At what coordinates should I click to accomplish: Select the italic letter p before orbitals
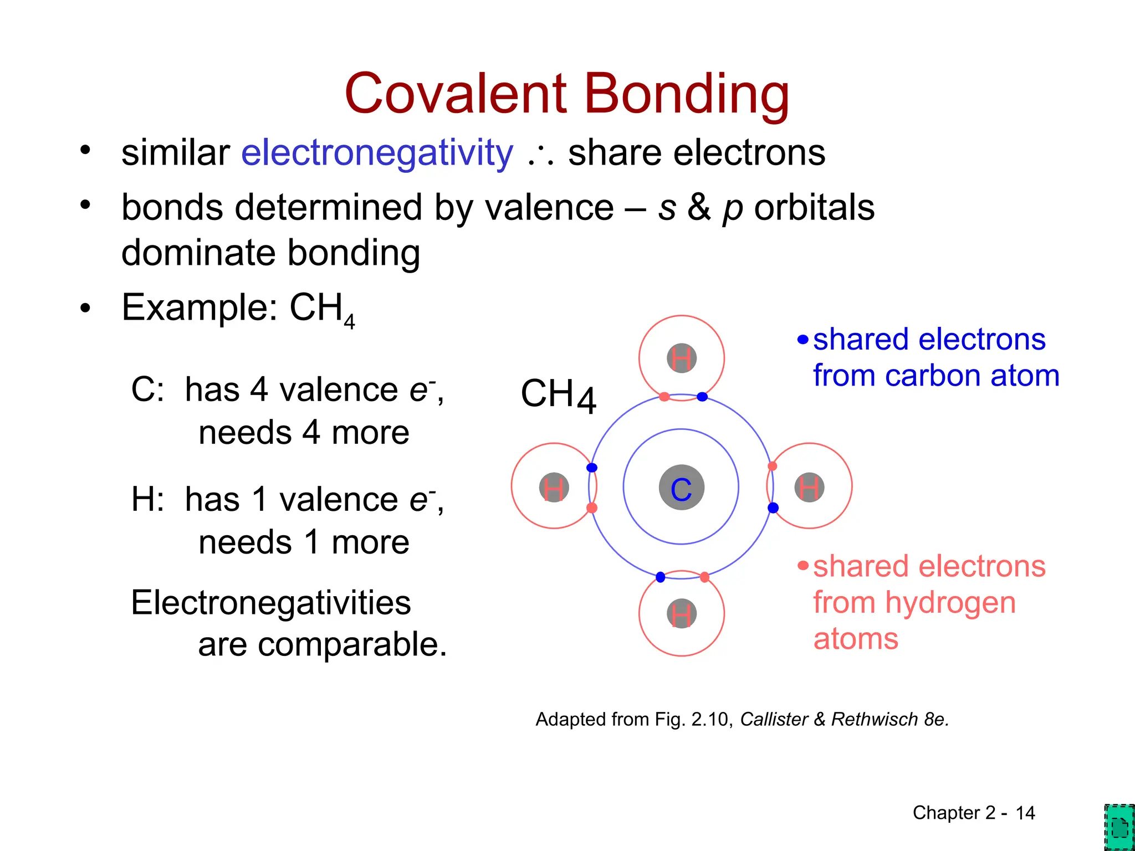(x=733, y=209)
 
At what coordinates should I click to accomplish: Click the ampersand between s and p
(x=699, y=207)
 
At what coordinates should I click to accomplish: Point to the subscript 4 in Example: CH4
(x=349, y=321)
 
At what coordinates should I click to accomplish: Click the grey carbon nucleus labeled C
(x=681, y=488)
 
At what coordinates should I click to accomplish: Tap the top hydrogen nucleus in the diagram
(x=681, y=358)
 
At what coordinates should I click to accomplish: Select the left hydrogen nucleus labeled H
(x=554, y=488)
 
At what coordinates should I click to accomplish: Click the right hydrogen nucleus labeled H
(x=809, y=488)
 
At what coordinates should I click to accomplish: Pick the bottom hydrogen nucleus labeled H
(x=681, y=614)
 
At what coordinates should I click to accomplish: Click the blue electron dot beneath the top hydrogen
(x=702, y=397)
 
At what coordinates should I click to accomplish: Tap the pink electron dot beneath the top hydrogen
(x=664, y=397)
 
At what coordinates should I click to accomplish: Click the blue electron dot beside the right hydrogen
(x=773, y=507)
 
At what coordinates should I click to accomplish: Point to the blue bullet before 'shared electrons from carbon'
(x=803, y=339)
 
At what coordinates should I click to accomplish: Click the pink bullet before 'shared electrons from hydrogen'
(x=803, y=566)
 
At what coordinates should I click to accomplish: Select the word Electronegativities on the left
(x=271, y=602)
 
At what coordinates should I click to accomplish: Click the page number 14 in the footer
(x=1025, y=813)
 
